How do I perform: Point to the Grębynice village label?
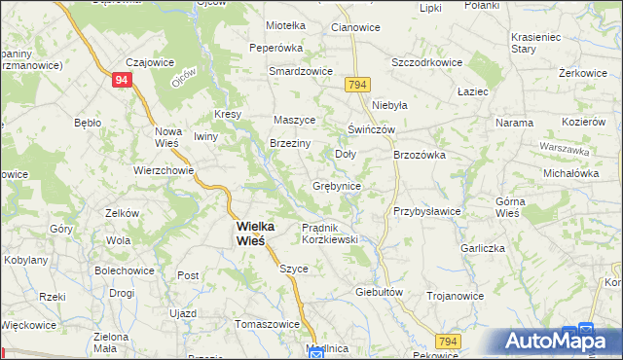point(337,186)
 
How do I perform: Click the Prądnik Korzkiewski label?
point(330,233)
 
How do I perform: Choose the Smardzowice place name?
point(301,71)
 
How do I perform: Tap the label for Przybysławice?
point(426,210)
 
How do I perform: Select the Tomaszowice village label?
point(267,324)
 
